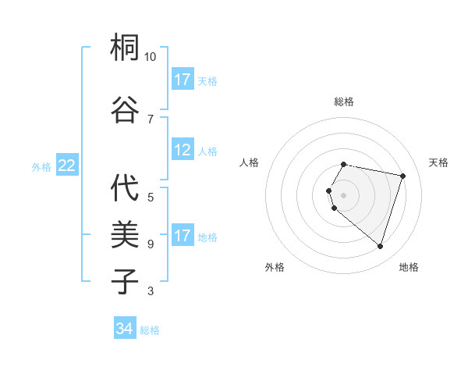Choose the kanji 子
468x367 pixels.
coord(126,280)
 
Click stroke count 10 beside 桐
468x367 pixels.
coord(151,57)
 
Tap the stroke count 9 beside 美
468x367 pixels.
coord(151,244)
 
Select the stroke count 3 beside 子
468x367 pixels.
coord(151,291)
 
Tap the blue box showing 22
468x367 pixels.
coord(66,165)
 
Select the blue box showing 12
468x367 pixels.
coord(183,151)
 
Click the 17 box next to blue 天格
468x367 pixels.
coord(183,80)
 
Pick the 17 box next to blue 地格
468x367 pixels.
coord(183,236)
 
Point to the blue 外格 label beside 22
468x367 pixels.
coord(41,166)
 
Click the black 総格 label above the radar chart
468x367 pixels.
coord(344,102)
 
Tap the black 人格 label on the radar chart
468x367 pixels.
coord(250,162)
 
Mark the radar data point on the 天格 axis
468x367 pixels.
coord(402,176)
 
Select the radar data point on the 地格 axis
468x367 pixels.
coord(380,246)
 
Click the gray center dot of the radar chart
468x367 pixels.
coord(344,194)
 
